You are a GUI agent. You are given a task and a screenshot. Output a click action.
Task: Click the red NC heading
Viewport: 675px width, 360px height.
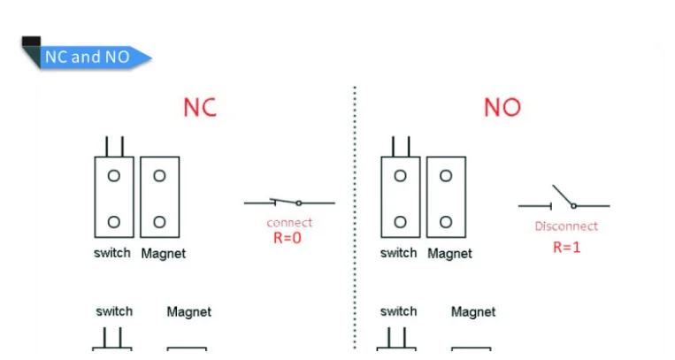[x=200, y=107]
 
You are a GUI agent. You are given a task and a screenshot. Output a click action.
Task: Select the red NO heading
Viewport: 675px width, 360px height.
[x=502, y=107]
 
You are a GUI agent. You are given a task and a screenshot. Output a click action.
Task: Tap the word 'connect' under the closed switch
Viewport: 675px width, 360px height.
[x=289, y=223]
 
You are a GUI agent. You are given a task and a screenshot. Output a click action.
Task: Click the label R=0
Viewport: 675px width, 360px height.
[x=288, y=237]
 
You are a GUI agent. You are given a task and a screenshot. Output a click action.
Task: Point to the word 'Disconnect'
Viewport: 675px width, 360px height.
[x=566, y=226]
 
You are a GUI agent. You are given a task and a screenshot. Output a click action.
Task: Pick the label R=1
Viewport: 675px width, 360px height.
[x=566, y=248]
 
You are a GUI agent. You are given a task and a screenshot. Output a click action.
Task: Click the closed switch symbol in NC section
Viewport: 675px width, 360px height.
[x=289, y=203]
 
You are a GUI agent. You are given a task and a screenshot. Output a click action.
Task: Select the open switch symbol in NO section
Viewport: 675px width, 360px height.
[x=564, y=201]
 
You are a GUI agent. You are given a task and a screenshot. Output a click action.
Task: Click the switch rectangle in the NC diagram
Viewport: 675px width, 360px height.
[x=114, y=197]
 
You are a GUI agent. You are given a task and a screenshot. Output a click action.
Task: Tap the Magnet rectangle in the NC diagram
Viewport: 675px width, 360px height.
[x=160, y=197]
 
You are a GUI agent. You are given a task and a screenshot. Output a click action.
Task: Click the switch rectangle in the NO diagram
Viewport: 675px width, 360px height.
[x=400, y=197]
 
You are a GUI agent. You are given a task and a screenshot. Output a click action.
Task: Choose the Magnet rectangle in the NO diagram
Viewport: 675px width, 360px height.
[x=446, y=197]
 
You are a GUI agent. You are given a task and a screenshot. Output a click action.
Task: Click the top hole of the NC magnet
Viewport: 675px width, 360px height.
[x=159, y=176]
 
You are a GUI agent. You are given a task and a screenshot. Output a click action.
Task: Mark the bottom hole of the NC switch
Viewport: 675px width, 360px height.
[x=114, y=221]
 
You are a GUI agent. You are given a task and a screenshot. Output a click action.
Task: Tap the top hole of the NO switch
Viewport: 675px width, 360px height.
[x=400, y=176]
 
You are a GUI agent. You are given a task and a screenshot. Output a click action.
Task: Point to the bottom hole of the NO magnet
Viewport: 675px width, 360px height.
[x=446, y=221]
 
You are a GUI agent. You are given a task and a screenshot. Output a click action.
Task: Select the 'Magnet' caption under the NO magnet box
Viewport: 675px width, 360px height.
[x=449, y=254]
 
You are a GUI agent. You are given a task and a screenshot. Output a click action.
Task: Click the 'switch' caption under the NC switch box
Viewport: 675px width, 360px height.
[x=112, y=253]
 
